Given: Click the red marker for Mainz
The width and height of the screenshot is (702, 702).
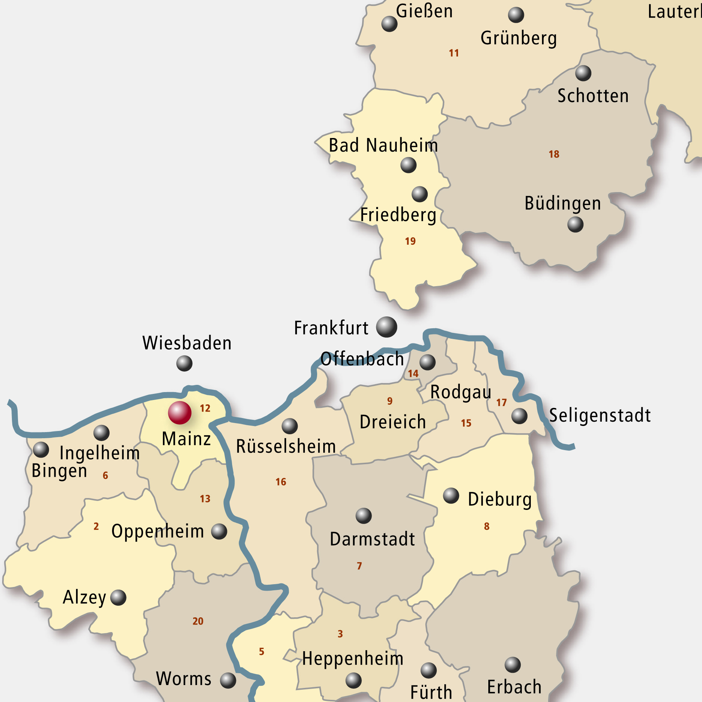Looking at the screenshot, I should [179, 413].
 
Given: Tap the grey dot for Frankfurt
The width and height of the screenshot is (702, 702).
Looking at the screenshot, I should [386, 327].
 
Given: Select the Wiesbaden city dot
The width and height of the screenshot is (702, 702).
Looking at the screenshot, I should [184, 363].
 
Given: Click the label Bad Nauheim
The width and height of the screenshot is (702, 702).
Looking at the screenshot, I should [383, 145].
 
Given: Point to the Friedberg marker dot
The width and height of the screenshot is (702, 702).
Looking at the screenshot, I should [420, 194].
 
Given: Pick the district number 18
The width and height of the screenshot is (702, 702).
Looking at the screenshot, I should [554, 154].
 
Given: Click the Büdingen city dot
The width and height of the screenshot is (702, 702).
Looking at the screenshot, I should [575, 224].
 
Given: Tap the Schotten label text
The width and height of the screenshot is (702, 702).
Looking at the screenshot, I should [593, 96].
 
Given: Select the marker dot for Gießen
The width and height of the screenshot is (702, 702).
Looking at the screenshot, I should [389, 24].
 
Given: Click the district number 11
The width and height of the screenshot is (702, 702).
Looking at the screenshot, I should [454, 53].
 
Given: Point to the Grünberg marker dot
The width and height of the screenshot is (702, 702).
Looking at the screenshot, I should [516, 15].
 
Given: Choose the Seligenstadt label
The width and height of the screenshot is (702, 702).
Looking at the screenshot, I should [600, 415].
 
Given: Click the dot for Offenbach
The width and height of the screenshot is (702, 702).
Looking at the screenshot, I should [427, 362].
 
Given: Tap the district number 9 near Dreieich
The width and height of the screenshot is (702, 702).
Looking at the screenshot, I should [390, 401].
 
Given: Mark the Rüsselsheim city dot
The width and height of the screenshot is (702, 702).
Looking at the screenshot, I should [290, 426].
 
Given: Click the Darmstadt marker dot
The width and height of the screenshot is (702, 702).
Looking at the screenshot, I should [363, 516].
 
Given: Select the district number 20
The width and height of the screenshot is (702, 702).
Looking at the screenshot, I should [198, 621].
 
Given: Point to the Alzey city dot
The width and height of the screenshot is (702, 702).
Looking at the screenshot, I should [118, 597].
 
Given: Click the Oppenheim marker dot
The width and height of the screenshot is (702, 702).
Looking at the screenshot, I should [219, 532].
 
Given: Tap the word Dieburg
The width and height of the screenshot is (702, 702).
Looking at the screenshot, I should [499, 499].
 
